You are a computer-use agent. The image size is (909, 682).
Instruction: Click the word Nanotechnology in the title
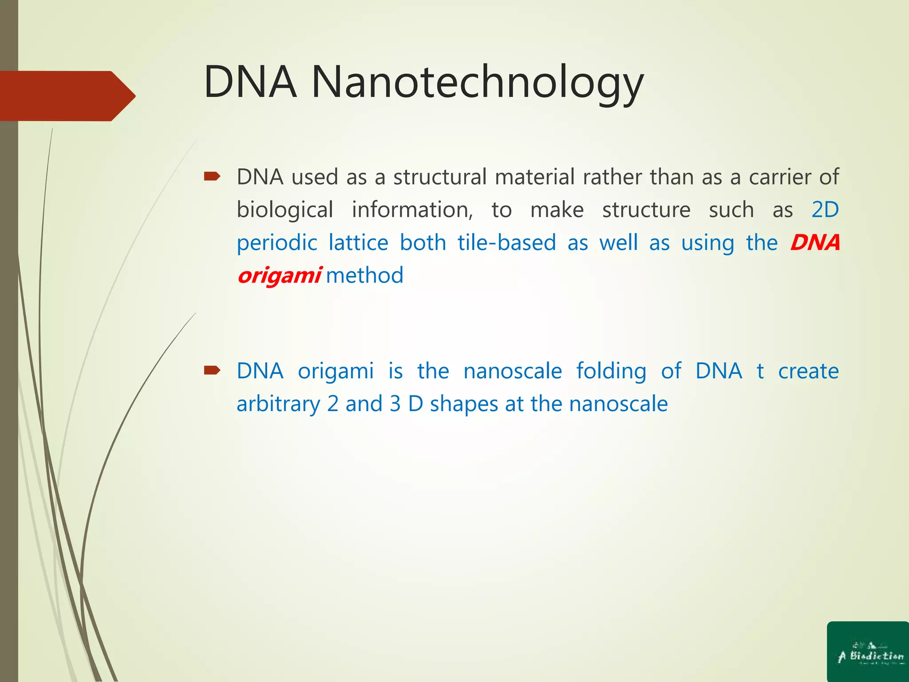[x=477, y=82]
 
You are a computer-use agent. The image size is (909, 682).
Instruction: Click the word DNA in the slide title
[x=250, y=82]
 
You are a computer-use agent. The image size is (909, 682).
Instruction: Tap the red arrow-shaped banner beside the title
[x=67, y=96]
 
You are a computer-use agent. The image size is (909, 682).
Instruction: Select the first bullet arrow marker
[x=212, y=177]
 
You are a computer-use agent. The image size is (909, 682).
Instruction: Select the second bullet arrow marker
[x=212, y=370]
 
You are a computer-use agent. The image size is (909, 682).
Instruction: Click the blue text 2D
[x=825, y=210]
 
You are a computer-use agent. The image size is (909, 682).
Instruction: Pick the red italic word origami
[x=279, y=275]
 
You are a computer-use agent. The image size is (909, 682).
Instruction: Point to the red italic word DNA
[x=815, y=242]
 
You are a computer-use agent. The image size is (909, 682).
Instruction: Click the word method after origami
[x=364, y=275]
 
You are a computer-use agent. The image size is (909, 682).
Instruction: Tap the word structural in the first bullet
[x=440, y=177]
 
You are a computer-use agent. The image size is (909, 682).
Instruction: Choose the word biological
[x=285, y=210]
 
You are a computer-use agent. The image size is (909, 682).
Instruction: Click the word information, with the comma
[x=412, y=210]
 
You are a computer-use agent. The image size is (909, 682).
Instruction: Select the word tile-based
[x=506, y=242]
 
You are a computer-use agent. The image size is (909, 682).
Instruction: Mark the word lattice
[x=358, y=242]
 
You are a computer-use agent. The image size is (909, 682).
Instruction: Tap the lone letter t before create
[x=760, y=371]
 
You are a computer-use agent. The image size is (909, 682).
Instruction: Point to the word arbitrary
[x=278, y=404]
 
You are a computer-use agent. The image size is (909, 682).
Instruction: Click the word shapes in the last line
[x=464, y=404]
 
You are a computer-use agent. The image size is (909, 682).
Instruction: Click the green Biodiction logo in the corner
[x=868, y=652]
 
